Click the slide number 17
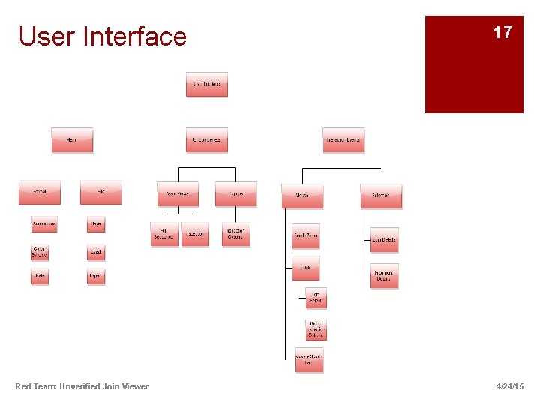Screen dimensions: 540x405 point(502,33)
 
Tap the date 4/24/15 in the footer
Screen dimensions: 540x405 point(510,386)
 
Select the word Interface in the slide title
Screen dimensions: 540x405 point(136,36)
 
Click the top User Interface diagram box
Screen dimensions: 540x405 point(206,85)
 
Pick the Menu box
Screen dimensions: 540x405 point(72,140)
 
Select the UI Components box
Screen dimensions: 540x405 point(206,140)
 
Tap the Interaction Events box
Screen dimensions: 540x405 point(343,140)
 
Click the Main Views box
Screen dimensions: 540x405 point(178,194)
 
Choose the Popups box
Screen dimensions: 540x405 point(235,194)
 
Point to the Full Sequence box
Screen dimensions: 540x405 point(164,235)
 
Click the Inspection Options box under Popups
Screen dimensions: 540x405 point(235,235)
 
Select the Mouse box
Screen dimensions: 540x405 point(302,196)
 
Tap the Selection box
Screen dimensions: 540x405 point(381,196)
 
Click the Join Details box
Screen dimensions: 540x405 point(384,240)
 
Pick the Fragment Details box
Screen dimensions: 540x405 point(384,276)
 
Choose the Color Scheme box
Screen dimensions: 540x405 point(39,252)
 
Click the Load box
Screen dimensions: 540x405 point(96,253)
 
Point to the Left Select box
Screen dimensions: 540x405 point(316,298)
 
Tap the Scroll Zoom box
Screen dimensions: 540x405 point(306,236)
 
